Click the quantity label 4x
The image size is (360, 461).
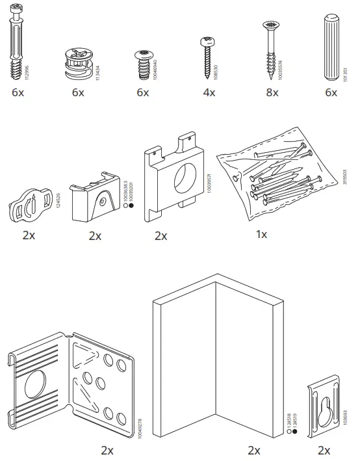pos(208,92)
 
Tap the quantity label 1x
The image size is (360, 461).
pos(261,234)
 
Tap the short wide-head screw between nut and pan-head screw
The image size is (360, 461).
pos(142,60)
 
